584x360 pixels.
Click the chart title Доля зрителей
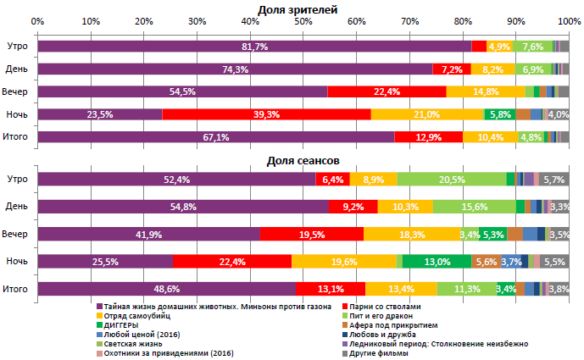(x=303, y=9)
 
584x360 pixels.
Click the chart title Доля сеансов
(x=303, y=159)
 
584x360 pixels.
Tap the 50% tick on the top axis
(x=303, y=20)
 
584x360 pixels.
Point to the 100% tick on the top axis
(x=569, y=20)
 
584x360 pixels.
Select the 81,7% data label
(x=254, y=47)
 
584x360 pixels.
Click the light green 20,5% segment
(x=451, y=180)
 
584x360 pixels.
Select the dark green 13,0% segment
(x=437, y=263)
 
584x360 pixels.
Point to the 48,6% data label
(x=167, y=290)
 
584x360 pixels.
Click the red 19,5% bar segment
(x=311, y=235)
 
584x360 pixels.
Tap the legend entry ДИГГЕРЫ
(x=122, y=324)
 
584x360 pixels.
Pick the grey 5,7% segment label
(x=553, y=180)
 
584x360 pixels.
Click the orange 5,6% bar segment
(x=486, y=263)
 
